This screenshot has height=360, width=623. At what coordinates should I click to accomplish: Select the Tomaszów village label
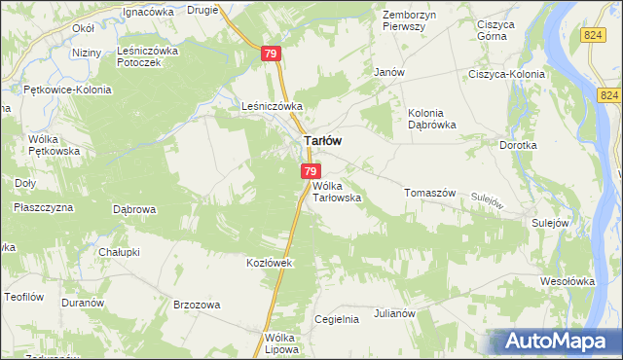click(x=429, y=193)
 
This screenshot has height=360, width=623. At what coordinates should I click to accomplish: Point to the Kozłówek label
click(x=269, y=263)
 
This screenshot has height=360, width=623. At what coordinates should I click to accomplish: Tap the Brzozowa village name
click(x=196, y=305)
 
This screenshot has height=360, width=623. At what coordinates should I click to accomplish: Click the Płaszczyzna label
click(x=43, y=207)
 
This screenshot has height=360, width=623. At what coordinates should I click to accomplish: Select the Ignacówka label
click(x=148, y=12)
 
